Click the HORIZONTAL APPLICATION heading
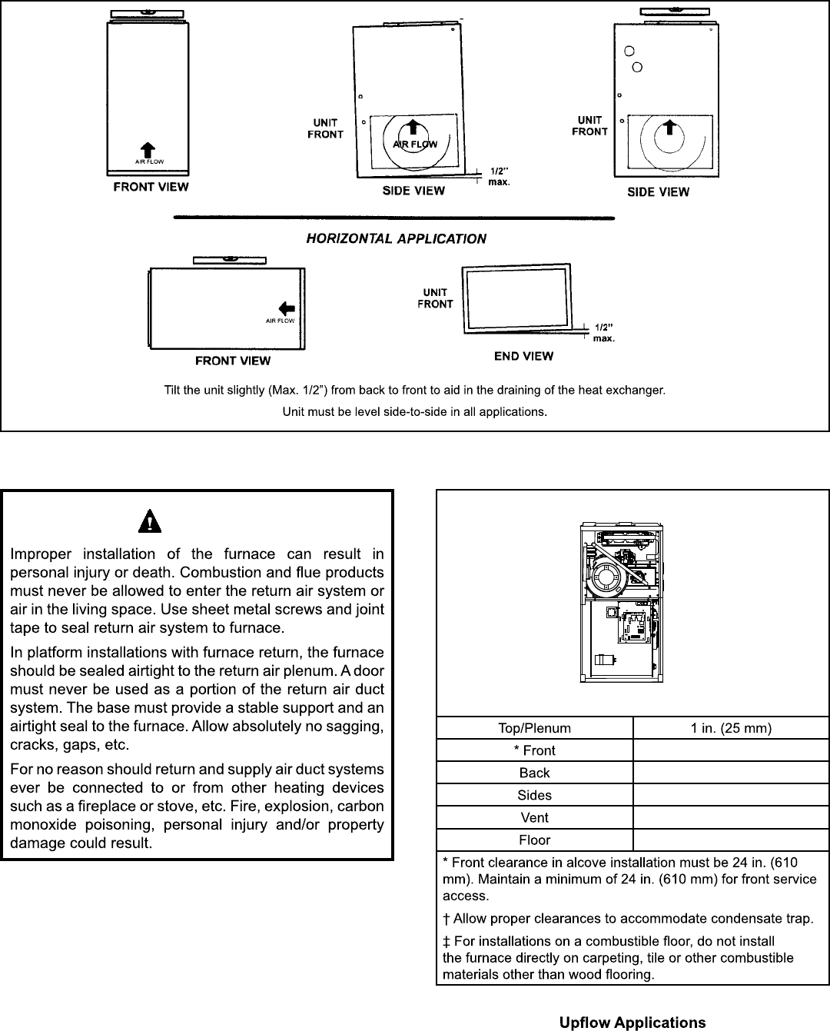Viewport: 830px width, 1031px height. click(x=396, y=238)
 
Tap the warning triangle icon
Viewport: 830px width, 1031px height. click(x=150, y=522)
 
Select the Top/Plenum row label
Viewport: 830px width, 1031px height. click(x=534, y=728)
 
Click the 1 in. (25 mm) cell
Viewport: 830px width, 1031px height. click(x=731, y=728)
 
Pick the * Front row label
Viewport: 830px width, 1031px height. click(x=534, y=750)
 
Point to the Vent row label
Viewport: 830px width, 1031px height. click(x=534, y=817)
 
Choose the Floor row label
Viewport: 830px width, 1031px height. click(x=534, y=840)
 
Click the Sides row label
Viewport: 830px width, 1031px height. click(x=534, y=795)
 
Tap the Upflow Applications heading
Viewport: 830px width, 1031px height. click(x=632, y=1023)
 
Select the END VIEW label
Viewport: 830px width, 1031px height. click(x=523, y=356)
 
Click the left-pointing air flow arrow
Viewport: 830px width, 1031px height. click(x=286, y=308)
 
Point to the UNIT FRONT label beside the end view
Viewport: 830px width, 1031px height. click(x=435, y=298)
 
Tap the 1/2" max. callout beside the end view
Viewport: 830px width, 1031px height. click(x=603, y=332)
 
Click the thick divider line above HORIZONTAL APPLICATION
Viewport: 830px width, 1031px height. click(x=394, y=218)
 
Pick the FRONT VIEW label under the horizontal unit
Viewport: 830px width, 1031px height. click(x=233, y=361)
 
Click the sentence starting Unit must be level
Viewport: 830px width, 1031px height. click(x=414, y=412)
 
